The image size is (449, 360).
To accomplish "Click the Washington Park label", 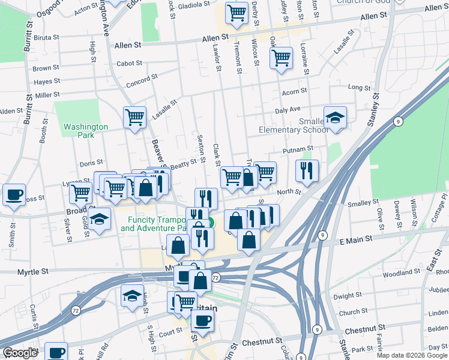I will click(86, 131).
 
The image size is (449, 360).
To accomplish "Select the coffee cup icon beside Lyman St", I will click(14, 195).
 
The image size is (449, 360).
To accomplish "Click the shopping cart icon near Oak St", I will click(280, 58).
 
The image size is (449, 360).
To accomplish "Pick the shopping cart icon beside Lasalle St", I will click(135, 117).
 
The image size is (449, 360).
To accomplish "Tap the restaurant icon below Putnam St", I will click(307, 171).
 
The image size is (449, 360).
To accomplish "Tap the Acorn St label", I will click(294, 91).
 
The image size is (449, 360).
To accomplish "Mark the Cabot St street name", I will click(129, 63).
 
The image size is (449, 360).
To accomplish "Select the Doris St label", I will click(91, 163).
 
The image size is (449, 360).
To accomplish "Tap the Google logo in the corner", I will click(20, 353).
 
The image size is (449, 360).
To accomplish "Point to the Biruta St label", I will click(46, 37).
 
